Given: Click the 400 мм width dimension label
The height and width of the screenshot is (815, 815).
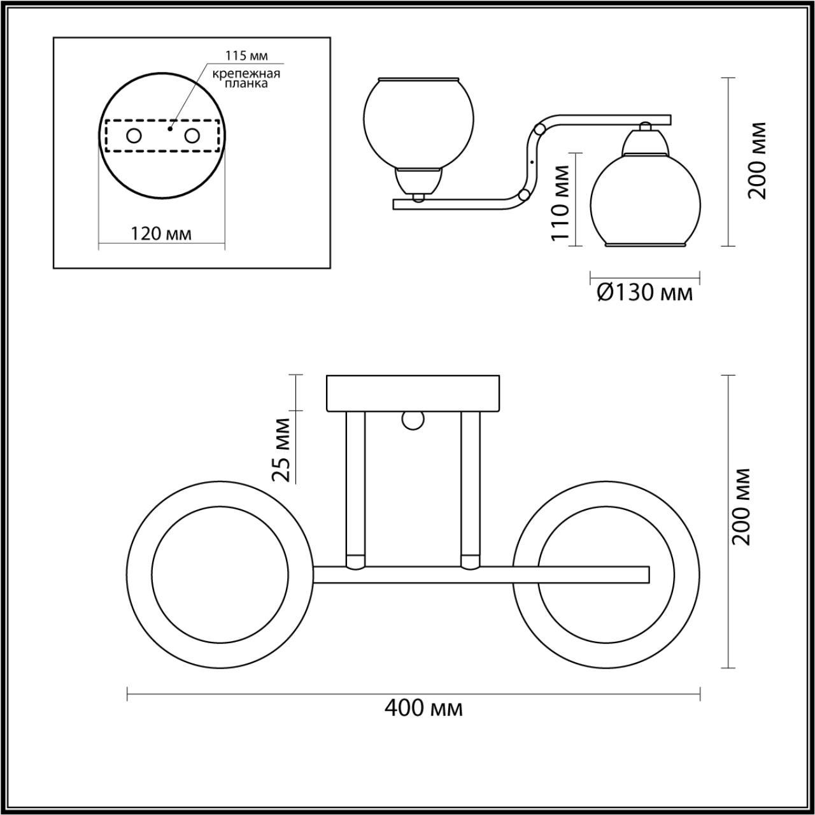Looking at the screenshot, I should (423, 708).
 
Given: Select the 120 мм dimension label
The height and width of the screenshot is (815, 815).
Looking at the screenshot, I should (161, 234).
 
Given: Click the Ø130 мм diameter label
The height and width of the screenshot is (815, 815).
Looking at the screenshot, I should (645, 293).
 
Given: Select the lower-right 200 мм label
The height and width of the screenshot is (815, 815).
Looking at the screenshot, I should (741, 506).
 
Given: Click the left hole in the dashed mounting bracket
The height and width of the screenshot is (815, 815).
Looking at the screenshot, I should (134, 136).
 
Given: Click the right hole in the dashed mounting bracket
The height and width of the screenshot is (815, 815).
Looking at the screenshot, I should (192, 136).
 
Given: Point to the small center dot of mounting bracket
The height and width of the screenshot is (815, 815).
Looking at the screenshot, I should (169, 129).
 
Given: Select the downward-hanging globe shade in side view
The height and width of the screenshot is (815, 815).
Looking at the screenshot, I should (646, 204).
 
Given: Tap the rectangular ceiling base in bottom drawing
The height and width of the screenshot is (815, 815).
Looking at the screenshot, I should (413, 393).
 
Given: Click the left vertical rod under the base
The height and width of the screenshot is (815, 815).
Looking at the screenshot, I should (355, 487).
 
